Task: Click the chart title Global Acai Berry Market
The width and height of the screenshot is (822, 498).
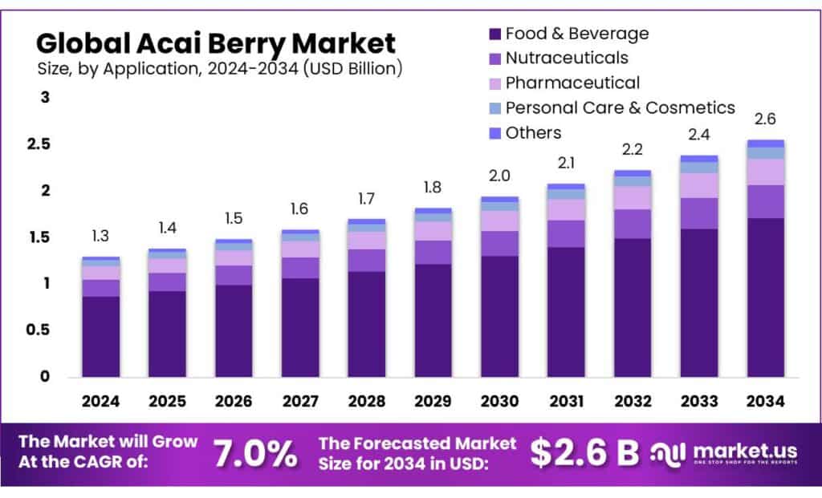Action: [x=216, y=42]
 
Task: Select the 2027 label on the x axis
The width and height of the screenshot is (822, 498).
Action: [x=300, y=400]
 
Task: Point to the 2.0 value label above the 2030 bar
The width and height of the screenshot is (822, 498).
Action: [x=499, y=176]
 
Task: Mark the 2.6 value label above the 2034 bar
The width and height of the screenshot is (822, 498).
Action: [x=765, y=119]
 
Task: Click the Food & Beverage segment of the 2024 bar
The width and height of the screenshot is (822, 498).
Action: [x=100, y=337]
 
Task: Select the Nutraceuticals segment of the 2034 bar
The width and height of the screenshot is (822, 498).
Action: [x=765, y=201]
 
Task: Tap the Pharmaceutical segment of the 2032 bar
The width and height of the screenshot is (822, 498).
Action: [x=633, y=197]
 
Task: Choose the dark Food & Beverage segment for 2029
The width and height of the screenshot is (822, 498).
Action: [x=433, y=321]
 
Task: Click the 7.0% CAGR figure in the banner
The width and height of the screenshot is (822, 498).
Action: [x=254, y=454]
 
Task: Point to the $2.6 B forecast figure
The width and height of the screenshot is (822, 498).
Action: [x=584, y=454]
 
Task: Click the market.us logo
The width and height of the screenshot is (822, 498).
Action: [x=727, y=454]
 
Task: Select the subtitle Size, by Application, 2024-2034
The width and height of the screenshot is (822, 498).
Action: [x=219, y=69]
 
